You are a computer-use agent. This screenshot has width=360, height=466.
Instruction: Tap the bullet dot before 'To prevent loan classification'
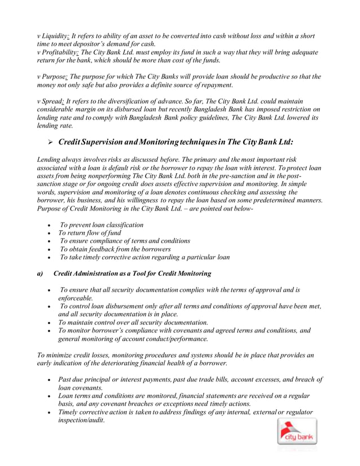[x=51, y=225]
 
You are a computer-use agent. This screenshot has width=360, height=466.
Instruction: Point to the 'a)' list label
[x=40, y=274]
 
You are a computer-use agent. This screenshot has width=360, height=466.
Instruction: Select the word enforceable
[x=76, y=298]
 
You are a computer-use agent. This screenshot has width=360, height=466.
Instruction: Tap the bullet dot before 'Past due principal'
[x=51, y=380]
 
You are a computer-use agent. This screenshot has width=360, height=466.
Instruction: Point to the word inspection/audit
[x=82, y=421]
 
